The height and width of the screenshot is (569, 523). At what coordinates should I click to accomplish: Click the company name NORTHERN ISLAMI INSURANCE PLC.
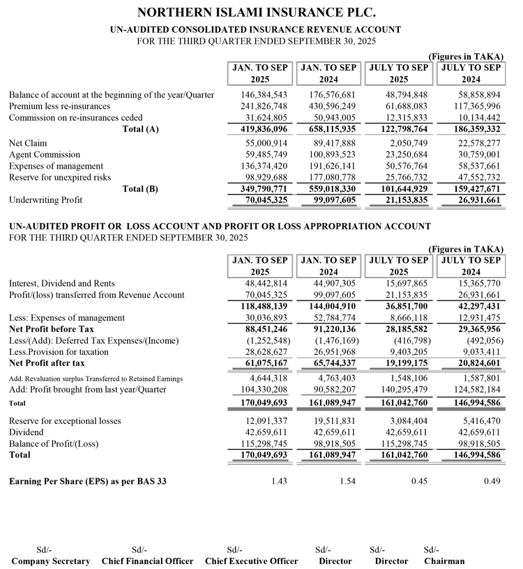(257, 13)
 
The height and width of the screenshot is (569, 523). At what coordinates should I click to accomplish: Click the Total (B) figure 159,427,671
(472, 189)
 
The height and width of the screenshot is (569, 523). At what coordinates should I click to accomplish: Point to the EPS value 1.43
(278, 482)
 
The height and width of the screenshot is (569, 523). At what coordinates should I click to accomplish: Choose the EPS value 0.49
(491, 482)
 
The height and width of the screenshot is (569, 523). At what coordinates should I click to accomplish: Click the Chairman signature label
(444, 561)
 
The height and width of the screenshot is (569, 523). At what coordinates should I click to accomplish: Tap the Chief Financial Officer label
(148, 561)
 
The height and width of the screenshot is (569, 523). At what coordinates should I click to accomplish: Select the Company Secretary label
(51, 561)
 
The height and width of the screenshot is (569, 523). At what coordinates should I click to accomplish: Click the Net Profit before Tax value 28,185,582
(402, 329)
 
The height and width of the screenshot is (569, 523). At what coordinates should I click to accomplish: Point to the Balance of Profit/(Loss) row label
(54, 443)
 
